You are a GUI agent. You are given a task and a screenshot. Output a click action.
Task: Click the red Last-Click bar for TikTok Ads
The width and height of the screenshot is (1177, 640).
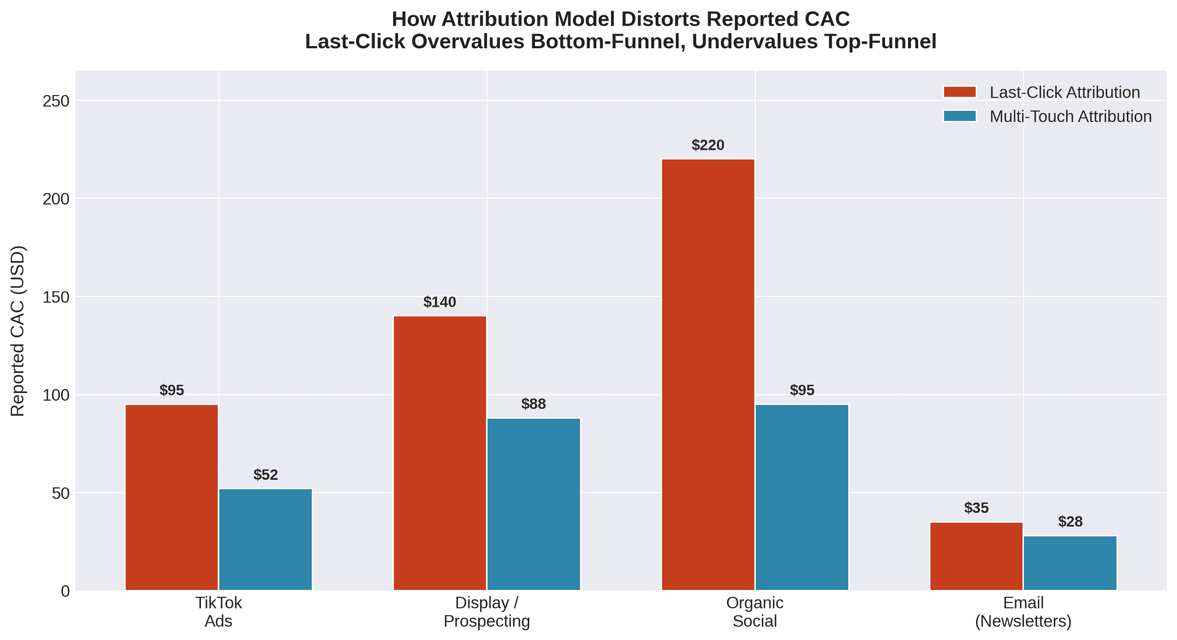(x=171, y=497)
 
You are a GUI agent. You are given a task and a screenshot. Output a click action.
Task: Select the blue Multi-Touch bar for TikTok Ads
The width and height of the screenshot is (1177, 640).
(x=265, y=539)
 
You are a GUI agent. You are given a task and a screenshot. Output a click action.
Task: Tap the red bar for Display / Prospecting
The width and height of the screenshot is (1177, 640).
(x=440, y=453)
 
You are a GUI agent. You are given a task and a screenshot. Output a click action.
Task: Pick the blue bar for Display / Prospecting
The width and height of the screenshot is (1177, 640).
(x=534, y=504)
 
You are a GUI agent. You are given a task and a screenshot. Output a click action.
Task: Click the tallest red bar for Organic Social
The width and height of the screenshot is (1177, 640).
(x=708, y=374)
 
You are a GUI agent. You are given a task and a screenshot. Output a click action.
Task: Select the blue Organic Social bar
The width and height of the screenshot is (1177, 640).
(x=802, y=497)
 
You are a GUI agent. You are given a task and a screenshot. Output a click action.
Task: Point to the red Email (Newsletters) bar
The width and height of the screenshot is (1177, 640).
(x=976, y=556)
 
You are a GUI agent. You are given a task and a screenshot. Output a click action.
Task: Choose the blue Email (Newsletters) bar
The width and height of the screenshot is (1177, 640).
(x=1070, y=563)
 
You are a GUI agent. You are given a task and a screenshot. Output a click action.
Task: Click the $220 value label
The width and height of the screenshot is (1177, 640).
(x=708, y=145)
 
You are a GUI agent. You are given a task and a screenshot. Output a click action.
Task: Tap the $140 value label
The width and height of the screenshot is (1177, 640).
(x=440, y=302)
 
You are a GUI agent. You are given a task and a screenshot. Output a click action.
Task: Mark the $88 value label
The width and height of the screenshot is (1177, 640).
(x=534, y=404)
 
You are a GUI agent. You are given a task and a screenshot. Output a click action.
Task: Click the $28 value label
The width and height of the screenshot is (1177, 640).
(x=1070, y=522)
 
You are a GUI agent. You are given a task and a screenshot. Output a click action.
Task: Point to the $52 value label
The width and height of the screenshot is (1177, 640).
(x=265, y=475)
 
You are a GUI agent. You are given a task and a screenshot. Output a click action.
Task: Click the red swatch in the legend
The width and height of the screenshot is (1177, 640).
(x=960, y=92)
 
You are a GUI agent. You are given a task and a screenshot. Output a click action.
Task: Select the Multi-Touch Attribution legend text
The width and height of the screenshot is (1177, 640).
(x=1070, y=117)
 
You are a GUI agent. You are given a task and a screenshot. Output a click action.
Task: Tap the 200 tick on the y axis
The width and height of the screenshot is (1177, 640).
(x=56, y=199)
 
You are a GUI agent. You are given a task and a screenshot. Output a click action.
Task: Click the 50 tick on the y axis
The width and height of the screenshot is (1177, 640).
(x=60, y=493)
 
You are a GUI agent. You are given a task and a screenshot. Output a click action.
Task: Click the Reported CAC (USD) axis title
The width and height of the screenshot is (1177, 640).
(x=18, y=331)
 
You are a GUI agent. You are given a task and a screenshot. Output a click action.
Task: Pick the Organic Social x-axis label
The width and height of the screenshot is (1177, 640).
(x=754, y=611)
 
